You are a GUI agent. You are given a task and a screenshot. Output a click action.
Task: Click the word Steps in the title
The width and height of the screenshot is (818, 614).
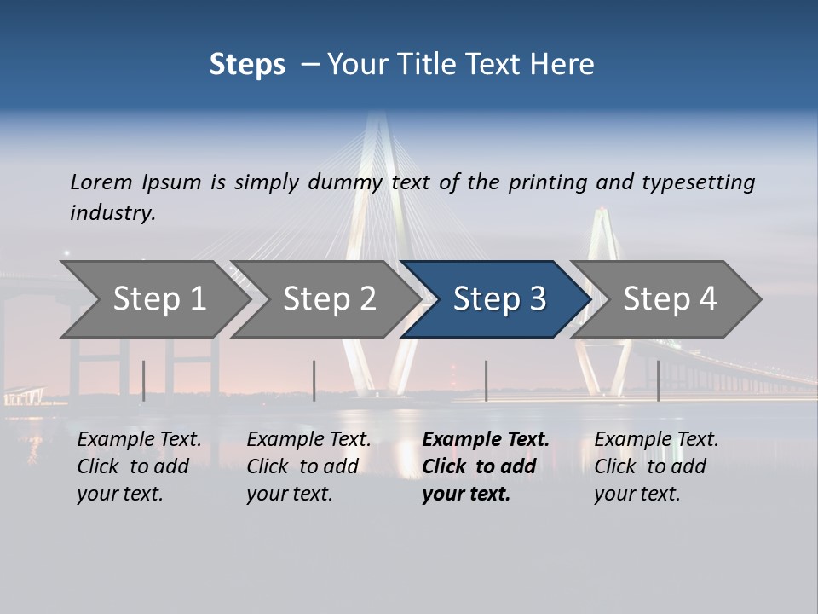[x=247, y=64]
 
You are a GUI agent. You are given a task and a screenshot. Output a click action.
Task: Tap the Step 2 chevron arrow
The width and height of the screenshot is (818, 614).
[x=328, y=299]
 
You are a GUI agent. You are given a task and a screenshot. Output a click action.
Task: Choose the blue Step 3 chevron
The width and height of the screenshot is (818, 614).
[x=498, y=299]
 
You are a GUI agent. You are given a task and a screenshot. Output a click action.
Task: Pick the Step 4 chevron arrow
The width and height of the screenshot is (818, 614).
[x=669, y=299]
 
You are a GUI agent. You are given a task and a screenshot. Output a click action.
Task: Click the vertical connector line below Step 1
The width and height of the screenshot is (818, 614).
[x=143, y=380]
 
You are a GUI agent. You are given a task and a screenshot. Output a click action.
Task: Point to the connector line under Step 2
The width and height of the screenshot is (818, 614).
[x=314, y=380]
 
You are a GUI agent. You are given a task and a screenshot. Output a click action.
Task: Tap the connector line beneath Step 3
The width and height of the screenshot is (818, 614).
[x=486, y=380]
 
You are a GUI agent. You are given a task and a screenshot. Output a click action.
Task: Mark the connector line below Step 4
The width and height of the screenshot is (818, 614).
[x=658, y=380]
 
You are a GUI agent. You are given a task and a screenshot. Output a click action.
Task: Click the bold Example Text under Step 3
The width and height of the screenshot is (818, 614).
[x=486, y=440]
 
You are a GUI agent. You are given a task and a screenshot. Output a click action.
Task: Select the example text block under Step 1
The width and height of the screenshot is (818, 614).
[x=139, y=466]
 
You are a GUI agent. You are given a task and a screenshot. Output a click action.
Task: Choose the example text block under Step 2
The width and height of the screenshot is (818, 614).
[x=308, y=466]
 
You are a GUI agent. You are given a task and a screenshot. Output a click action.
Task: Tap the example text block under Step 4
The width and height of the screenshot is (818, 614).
[x=656, y=466]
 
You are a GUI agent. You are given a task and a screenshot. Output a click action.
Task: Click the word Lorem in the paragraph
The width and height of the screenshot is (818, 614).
[x=101, y=182]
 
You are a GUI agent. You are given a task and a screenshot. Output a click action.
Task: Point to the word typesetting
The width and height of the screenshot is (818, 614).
[x=697, y=182]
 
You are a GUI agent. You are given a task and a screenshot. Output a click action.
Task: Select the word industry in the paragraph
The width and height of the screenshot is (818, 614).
[x=112, y=213]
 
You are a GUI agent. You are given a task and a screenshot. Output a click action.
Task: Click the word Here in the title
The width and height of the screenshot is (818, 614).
[x=566, y=64]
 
